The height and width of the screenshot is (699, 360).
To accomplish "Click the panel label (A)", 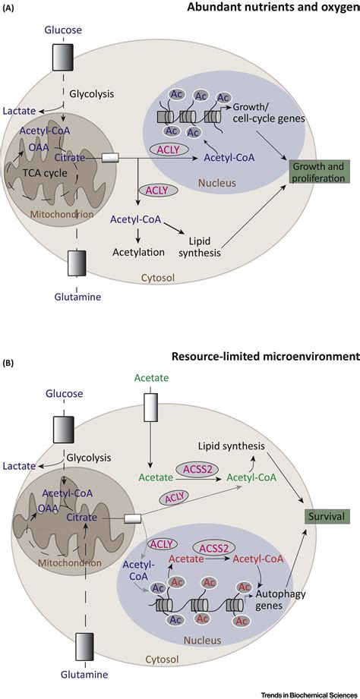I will [x=10, y=7].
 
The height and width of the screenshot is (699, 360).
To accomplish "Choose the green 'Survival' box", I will [x=322, y=516].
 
